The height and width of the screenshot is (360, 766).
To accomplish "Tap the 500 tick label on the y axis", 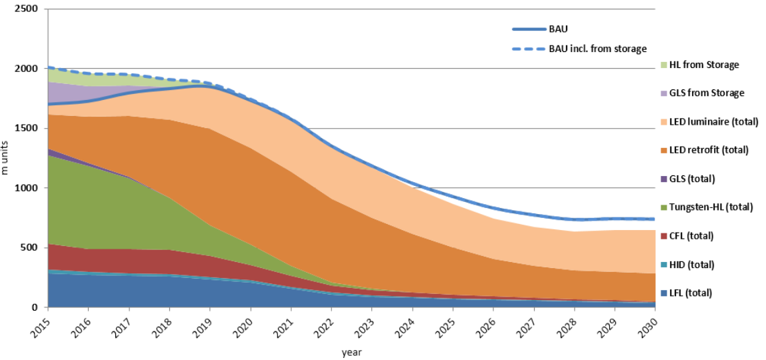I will (x=30, y=248).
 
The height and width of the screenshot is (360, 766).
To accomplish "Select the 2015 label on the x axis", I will (x=39, y=327).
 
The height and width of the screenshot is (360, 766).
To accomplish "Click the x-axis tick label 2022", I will (x=323, y=327).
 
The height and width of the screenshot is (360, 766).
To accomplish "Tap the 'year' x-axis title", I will (x=351, y=351).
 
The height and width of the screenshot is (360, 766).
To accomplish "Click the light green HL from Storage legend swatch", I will (x=663, y=65).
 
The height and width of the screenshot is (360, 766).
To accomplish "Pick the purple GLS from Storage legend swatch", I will (x=663, y=93).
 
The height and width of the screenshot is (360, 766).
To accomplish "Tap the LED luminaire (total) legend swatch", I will (x=663, y=122).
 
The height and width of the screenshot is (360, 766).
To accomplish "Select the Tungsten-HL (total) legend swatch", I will (x=663, y=207).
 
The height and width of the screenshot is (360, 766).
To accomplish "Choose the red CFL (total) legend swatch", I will (x=663, y=236).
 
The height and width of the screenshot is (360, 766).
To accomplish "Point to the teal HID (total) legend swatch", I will (x=663, y=265).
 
